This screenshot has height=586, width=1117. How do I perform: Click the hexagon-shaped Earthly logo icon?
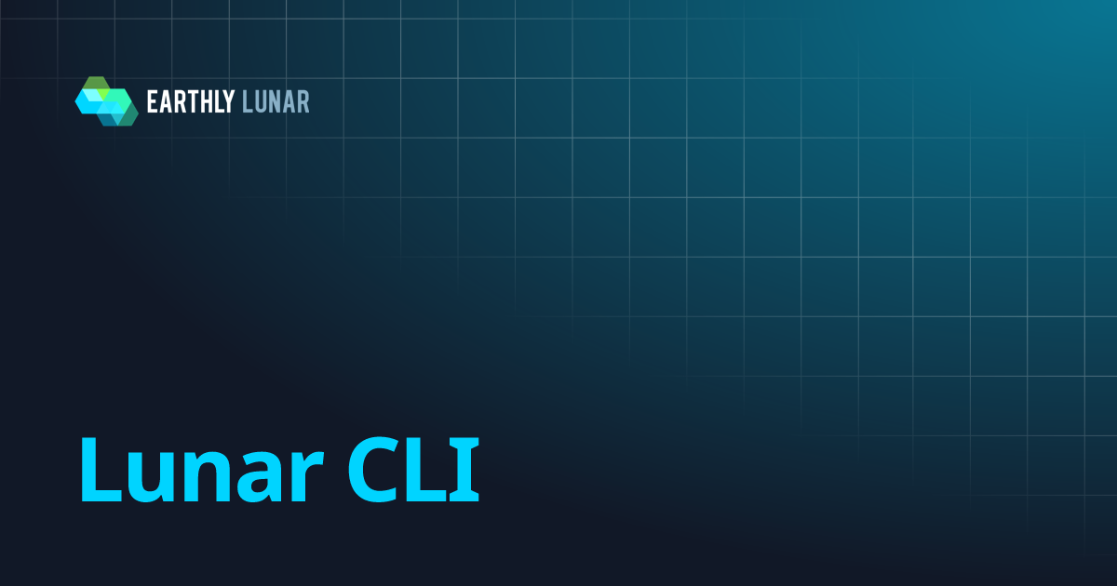(106, 100)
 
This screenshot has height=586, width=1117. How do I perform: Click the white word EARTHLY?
(191, 101)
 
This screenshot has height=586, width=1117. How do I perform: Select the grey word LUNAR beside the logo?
(276, 101)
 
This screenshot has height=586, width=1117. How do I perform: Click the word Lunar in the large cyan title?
(203, 469)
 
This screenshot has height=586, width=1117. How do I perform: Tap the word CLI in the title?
(413, 469)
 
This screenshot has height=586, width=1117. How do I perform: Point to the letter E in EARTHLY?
(152, 101)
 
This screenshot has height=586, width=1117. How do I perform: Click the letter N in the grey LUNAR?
(276, 101)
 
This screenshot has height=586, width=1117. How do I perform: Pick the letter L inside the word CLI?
(430, 469)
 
